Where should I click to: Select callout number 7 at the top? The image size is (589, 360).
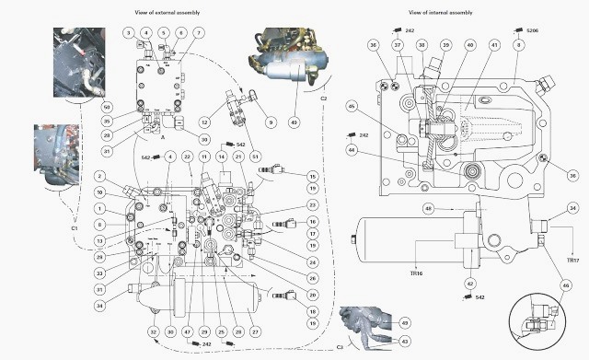pos(200,33)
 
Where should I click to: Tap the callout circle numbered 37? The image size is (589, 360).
pos(398,44)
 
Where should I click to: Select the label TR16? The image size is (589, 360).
pos(417,274)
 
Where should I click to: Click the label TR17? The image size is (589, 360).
pos(572,261)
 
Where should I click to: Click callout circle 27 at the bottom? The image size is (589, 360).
pos(255,331)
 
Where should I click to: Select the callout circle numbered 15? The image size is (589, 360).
pos(312,176)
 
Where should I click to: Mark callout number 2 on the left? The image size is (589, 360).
pos(98,176)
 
